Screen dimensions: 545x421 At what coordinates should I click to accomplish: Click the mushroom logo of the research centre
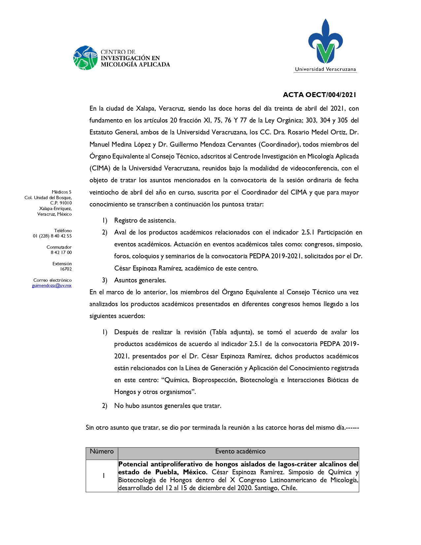tap(85, 58)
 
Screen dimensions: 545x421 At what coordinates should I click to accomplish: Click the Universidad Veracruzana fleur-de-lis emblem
tap(325, 42)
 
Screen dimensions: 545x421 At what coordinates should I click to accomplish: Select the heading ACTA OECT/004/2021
tap(319, 95)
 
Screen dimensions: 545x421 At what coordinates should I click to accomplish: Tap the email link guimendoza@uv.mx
tap(52, 286)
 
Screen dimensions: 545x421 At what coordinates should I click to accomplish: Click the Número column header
tap(102, 452)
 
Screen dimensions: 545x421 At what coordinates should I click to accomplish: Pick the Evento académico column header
tap(240, 452)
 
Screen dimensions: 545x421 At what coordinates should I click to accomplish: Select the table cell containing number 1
tap(104, 476)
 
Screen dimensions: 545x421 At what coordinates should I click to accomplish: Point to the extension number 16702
tap(66, 269)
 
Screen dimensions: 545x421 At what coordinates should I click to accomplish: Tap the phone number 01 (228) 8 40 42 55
tap(52, 236)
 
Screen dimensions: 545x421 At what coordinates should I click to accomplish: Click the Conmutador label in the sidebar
tap(59, 247)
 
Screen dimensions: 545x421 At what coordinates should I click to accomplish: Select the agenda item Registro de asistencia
tap(145, 221)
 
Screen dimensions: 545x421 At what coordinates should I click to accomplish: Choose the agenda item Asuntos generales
tap(140, 280)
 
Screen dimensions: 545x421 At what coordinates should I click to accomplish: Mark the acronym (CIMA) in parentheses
tap(100, 168)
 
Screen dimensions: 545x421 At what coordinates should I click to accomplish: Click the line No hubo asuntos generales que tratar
tap(167, 406)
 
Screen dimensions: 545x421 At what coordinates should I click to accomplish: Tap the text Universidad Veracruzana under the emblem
tap(325, 69)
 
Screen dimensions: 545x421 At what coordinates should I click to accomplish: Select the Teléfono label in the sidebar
tap(63, 231)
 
